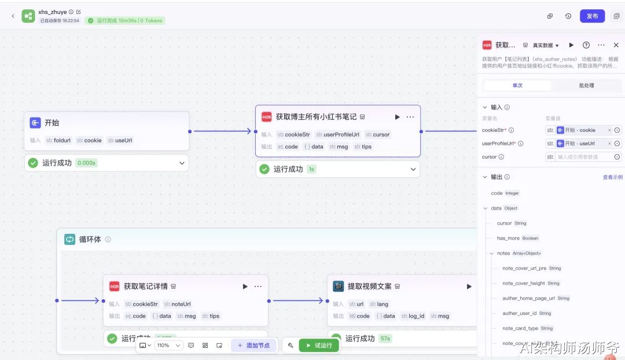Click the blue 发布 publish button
point(592,16)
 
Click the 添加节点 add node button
point(253,346)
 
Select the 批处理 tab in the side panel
point(586,86)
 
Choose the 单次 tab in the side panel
point(517,86)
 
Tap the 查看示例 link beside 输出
point(612,177)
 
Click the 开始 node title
point(52,123)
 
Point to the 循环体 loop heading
point(90,239)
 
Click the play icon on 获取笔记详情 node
point(245,286)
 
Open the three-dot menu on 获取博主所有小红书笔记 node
point(410,117)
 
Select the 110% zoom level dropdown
point(168,346)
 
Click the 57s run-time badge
point(385,339)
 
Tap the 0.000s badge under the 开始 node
point(86,163)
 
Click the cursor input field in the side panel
point(584,157)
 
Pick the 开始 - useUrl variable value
point(580,144)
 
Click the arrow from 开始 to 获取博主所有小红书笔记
point(222,131)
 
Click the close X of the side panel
point(616,45)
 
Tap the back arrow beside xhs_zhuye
point(13,16)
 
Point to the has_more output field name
point(508,238)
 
